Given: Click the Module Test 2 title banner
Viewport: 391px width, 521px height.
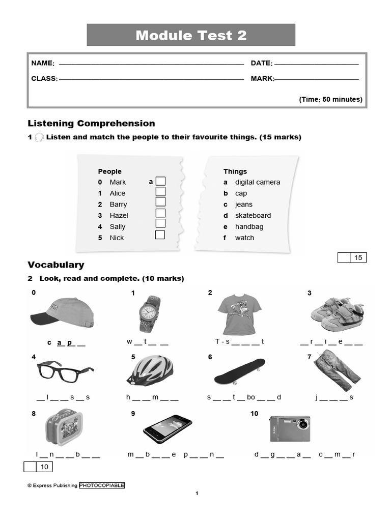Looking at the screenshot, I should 191,35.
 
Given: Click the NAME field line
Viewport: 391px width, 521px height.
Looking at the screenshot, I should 151,65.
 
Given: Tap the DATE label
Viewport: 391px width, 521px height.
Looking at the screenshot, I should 261,63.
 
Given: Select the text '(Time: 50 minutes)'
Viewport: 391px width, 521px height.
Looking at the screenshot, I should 330,99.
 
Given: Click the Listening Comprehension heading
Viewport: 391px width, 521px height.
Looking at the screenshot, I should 91,123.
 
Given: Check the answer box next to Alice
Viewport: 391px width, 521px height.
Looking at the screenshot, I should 160,192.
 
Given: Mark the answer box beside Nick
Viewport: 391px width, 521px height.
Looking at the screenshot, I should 160,235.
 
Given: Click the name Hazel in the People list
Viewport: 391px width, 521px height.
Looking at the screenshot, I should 119,215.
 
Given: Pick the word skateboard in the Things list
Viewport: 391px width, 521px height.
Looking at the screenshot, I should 253,215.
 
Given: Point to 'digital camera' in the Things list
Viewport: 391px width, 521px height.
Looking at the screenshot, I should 257,182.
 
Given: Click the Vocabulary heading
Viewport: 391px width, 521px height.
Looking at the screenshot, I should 56,265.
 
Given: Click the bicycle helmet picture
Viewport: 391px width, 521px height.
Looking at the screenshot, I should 150,370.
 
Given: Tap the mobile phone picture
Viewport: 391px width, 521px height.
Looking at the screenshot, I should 167,428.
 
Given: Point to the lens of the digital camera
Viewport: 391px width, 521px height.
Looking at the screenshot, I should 302,423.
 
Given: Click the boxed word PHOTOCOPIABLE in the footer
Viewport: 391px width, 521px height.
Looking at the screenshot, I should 102,485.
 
